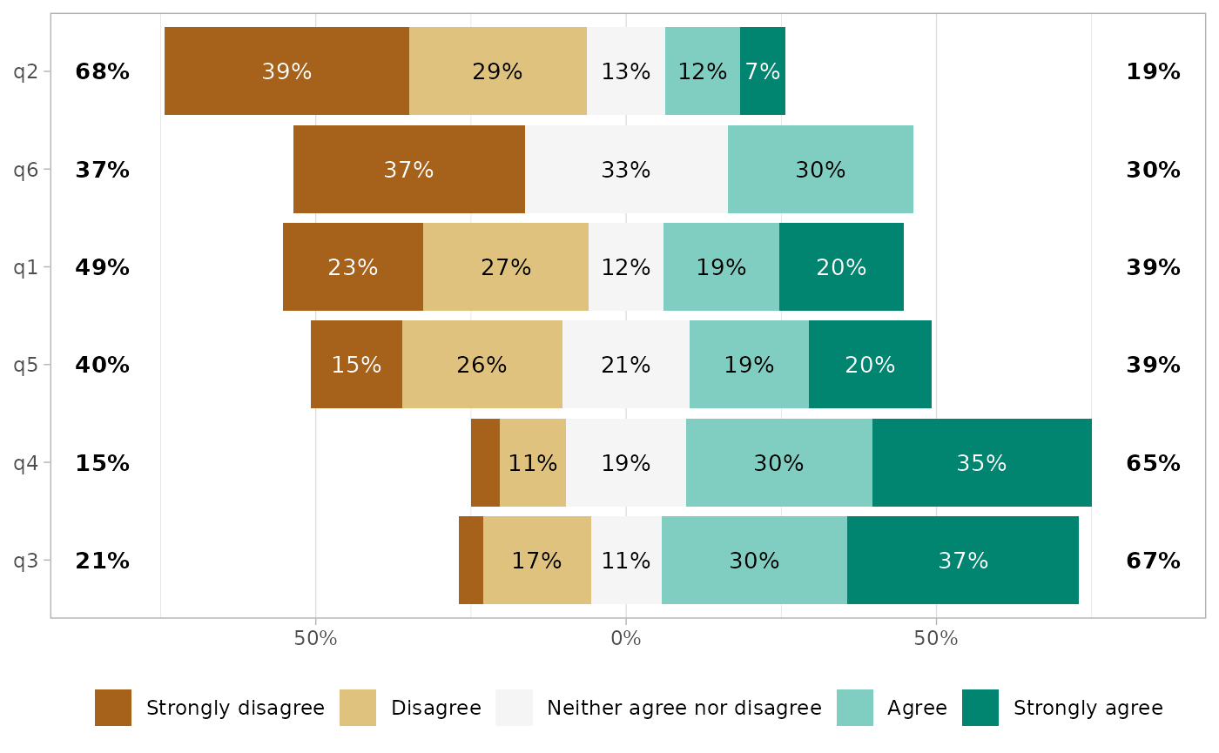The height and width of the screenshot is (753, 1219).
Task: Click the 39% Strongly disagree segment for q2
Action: (x=286, y=71)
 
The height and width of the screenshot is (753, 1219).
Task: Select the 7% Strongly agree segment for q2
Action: (x=763, y=71)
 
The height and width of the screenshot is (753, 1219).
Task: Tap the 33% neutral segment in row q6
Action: (x=626, y=170)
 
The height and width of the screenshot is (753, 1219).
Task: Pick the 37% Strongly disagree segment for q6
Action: (x=408, y=170)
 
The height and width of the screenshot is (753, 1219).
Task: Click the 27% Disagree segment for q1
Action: (x=506, y=267)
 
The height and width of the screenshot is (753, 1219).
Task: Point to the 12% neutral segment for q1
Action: (x=626, y=267)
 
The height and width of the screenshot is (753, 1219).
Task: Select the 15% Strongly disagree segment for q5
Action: (x=356, y=365)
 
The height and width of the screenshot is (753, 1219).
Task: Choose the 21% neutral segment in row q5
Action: (x=626, y=365)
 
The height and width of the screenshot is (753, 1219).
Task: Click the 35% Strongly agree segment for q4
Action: (x=981, y=463)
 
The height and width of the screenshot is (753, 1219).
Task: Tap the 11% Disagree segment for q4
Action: (x=533, y=463)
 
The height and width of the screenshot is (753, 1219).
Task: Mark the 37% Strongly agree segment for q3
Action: (x=963, y=561)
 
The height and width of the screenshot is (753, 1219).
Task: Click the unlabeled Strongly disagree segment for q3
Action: (x=471, y=561)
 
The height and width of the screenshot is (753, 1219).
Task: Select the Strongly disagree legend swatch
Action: (x=113, y=708)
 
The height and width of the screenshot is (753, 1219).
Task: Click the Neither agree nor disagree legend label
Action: (x=684, y=708)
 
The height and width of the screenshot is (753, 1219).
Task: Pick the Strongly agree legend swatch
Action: (x=980, y=708)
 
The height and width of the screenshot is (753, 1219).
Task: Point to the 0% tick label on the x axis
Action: (x=626, y=639)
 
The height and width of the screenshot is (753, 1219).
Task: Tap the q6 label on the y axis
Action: (x=26, y=170)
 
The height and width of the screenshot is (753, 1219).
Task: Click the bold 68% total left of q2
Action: (x=103, y=71)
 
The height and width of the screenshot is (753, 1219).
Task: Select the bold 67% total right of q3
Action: (x=1153, y=561)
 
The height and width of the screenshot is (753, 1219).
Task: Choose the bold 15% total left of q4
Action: (x=103, y=463)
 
